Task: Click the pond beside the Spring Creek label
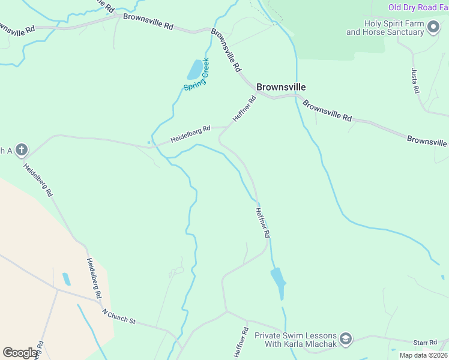click(194, 70)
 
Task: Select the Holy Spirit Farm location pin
click(433, 28)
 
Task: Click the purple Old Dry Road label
click(418, 7)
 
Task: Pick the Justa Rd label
click(415, 81)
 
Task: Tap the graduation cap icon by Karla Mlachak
click(346, 340)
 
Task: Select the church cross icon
click(22, 149)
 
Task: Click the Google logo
click(20, 353)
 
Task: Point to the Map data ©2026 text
click(423, 355)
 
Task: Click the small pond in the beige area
click(66, 279)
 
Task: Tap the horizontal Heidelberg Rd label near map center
click(190, 134)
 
